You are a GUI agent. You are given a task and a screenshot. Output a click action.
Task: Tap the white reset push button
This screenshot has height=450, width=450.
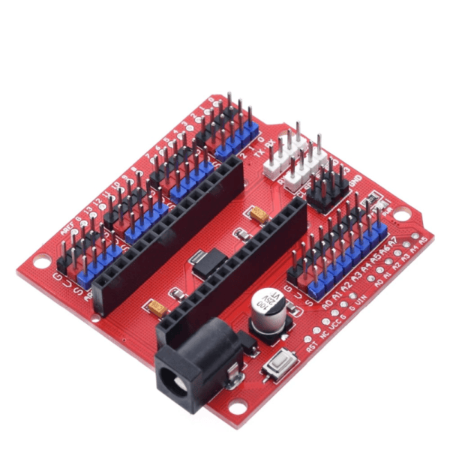pyautogui.click(x=280, y=367)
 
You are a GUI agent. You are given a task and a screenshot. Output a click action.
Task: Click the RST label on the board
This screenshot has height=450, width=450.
pyautogui.click(x=311, y=347)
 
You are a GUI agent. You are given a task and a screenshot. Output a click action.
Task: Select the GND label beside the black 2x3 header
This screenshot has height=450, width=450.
pyautogui.click(x=355, y=178)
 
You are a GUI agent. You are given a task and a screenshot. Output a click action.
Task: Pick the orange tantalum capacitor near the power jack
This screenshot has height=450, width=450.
pyautogui.click(x=157, y=306)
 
